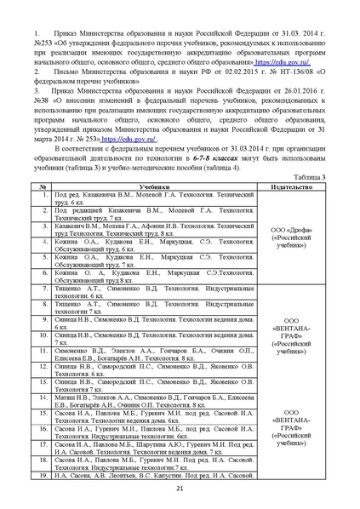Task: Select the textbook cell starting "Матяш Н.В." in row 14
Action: (155, 402)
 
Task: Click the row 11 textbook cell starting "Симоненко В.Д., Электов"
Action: (155, 353)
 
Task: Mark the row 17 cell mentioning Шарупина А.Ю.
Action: (155, 447)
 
